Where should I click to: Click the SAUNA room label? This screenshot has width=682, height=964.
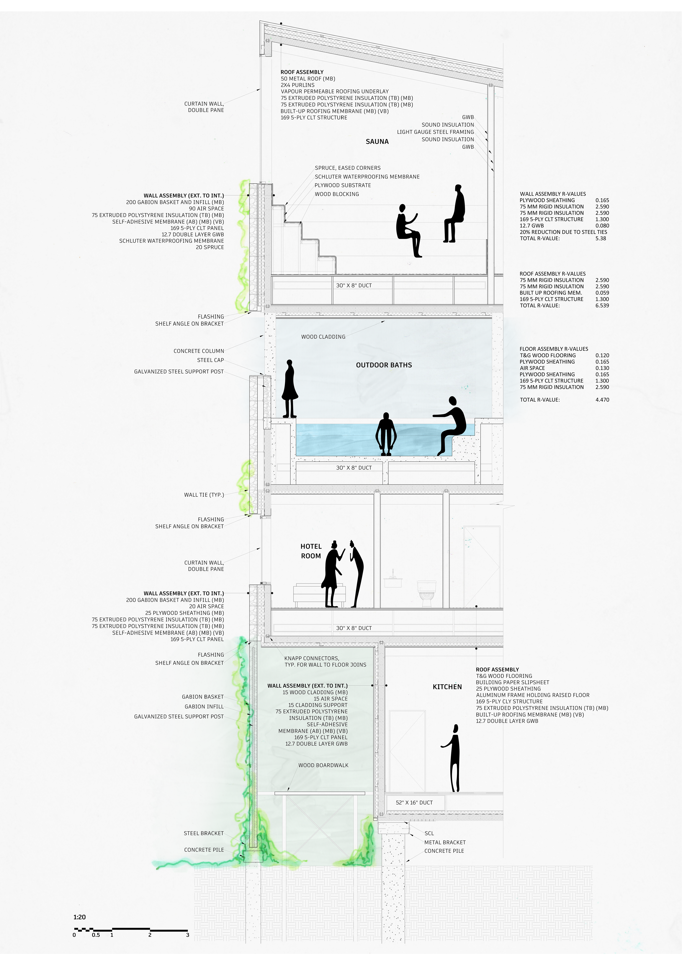coord(377,142)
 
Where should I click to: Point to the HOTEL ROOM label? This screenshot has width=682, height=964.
coord(311,551)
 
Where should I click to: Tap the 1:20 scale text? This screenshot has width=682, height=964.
coord(79,917)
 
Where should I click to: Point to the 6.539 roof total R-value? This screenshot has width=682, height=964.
coord(602,306)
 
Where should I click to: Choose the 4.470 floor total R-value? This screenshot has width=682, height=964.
coord(602,400)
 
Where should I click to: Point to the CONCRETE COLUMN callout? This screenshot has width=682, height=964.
coord(199,351)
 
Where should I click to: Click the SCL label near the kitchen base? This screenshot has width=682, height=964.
coord(429,833)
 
